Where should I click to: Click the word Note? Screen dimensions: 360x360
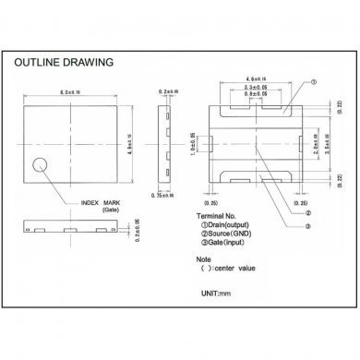[x=217, y=259]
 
